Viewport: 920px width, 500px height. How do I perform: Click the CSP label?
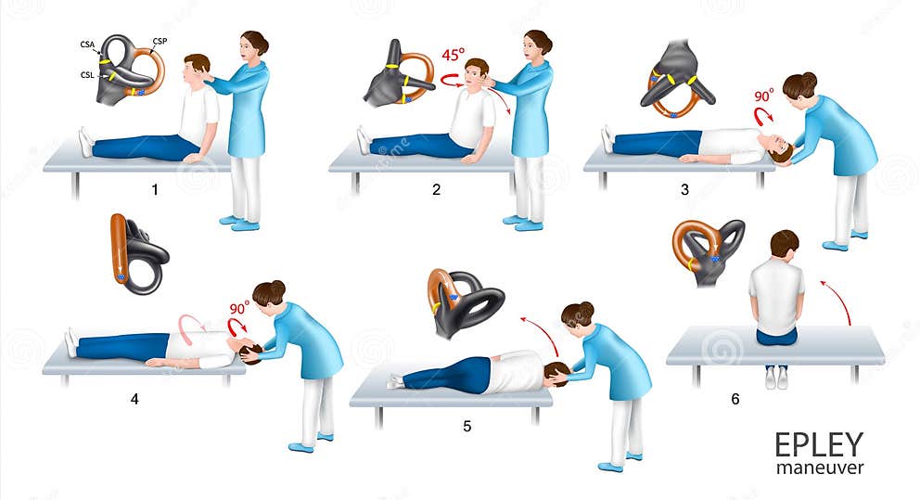(159, 42)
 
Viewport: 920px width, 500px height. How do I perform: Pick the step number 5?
(466, 427)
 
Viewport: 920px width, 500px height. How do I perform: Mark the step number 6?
(735, 399)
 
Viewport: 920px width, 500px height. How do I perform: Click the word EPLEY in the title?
(819, 444)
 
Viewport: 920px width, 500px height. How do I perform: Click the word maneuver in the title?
(819, 468)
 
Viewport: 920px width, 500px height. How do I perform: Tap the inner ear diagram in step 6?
(707, 249)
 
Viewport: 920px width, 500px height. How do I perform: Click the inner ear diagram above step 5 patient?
(464, 301)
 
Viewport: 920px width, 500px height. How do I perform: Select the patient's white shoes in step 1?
(85, 141)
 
